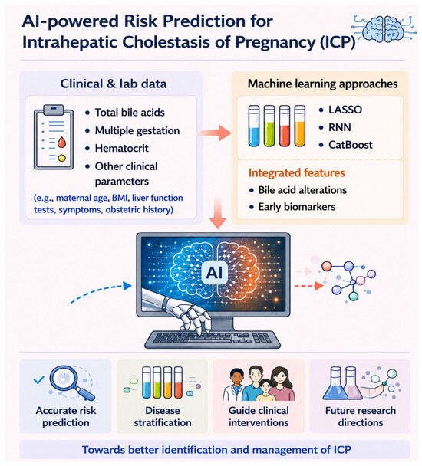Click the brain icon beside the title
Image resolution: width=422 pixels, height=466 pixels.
coord(384,29)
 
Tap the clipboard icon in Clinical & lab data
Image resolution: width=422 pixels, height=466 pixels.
coord(54,137)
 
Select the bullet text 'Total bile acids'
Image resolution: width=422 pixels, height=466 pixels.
coord(130,113)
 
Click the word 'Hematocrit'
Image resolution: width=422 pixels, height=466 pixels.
coord(121,148)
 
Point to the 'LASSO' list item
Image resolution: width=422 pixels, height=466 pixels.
coord(345,110)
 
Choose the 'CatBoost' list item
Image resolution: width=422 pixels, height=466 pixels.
coord(351,145)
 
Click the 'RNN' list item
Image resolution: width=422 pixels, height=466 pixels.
coord(340,127)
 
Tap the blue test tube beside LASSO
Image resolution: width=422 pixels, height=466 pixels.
coord(254,126)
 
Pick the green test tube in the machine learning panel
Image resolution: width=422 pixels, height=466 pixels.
coord(269,126)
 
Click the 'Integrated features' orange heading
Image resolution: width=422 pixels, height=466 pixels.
coord(297,172)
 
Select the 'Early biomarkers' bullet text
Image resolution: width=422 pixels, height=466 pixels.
coord(297,206)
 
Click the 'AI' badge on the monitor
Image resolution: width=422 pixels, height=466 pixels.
coord(214,272)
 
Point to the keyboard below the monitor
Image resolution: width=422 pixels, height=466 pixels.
coord(213,340)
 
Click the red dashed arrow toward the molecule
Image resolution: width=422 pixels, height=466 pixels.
coord(308,286)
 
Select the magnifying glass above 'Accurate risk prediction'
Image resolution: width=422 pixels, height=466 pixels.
coord(71,382)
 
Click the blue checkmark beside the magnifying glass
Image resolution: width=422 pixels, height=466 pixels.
coord(38,379)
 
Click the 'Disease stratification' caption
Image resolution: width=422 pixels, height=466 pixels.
coord(163,416)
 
